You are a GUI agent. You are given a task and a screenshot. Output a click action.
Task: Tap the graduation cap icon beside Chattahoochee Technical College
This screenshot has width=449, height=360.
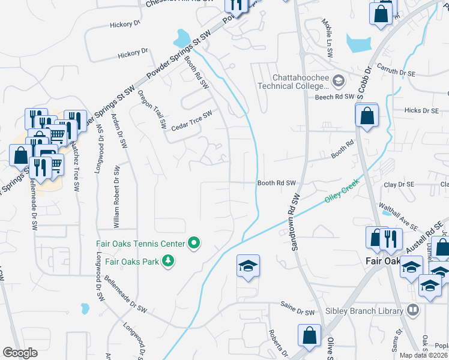pyautogui.click(x=338, y=80)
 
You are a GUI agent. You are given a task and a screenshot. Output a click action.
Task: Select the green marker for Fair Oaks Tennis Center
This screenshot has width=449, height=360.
pyautogui.click(x=194, y=244)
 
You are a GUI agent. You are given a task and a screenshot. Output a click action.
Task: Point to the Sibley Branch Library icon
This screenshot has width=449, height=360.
pyautogui.click(x=412, y=310)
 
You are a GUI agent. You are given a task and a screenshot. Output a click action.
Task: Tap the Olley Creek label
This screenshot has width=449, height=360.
pyautogui.click(x=342, y=192)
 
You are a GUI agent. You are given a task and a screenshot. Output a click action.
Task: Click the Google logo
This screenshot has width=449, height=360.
pyautogui.click(x=20, y=353)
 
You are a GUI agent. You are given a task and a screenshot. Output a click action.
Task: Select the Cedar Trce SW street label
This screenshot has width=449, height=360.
pyautogui.click(x=192, y=119)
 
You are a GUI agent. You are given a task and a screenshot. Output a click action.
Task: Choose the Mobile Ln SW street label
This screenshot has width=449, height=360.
pyautogui.click(x=328, y=37)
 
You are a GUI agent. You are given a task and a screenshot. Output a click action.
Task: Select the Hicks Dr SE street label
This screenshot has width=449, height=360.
pyautogui.click(x=421, y=110)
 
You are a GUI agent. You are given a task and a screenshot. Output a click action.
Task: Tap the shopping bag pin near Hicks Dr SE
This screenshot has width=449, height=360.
pyautogui.click(x=367, y=115)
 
